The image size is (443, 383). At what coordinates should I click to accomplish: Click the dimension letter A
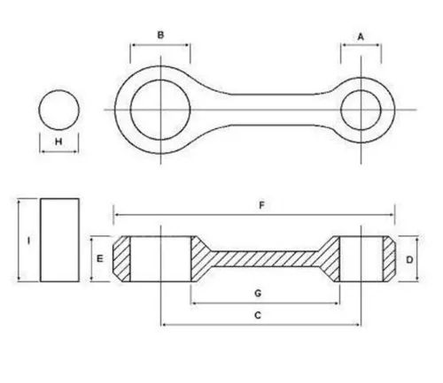point(361,37)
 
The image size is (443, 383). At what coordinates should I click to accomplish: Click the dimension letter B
point(160,34)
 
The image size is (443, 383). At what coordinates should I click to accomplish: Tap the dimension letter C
point(258,315)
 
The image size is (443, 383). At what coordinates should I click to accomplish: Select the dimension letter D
point(409,260)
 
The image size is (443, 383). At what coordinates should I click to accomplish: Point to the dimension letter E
point(100,258)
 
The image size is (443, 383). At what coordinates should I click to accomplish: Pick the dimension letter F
point(261,205)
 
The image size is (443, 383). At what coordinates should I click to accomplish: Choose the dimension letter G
point(258,293)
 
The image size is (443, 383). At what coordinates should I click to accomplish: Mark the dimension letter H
point(58,142)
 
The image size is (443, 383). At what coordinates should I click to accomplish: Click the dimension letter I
point(28,241)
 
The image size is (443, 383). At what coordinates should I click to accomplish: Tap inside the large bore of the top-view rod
point(160,110)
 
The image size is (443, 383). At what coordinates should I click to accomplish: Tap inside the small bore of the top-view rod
point(361,110)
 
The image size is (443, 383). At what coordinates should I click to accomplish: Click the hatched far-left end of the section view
point(121,259)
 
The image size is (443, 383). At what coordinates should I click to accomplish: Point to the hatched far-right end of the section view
point(389,259)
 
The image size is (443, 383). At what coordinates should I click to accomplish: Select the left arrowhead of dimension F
point(116,215)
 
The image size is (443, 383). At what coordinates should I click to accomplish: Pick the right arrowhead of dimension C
point(358,325)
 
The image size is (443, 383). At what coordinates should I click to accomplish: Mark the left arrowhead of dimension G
point(194,303)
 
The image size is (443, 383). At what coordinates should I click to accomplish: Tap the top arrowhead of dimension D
point(417,239)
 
